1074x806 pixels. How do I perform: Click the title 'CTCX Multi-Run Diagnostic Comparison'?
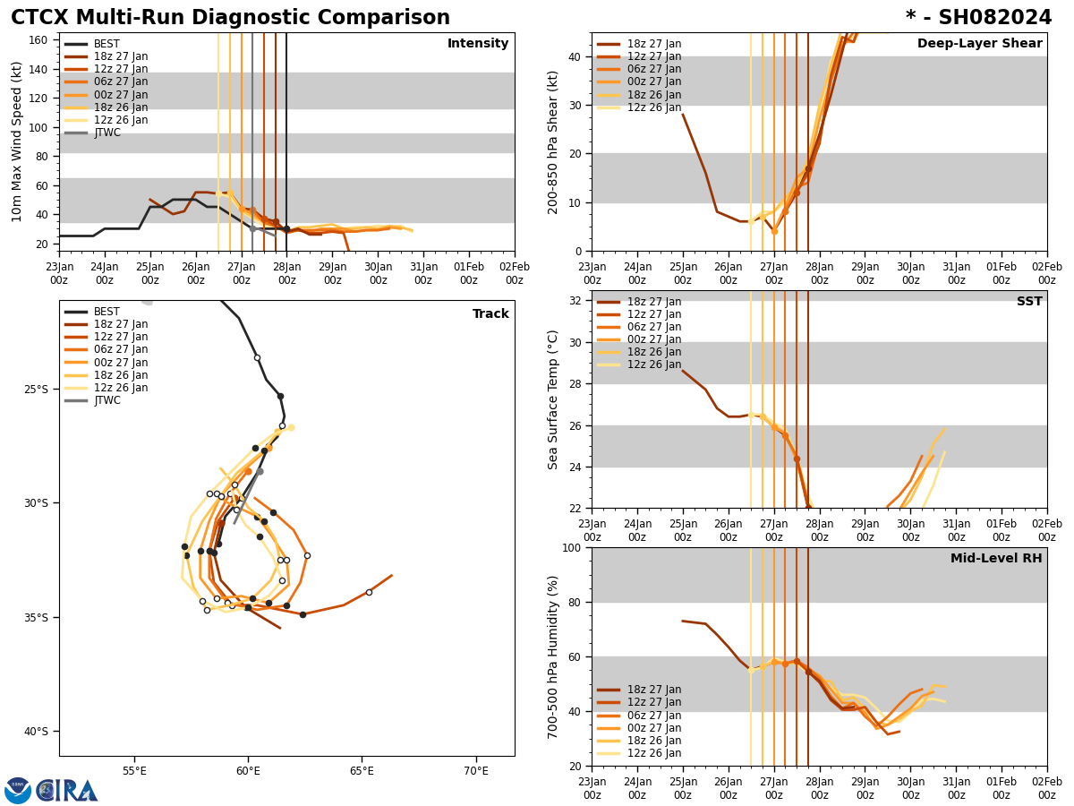(230, 18)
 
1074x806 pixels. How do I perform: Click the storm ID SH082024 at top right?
(978, 18)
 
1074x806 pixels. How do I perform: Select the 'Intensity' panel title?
(478, 44)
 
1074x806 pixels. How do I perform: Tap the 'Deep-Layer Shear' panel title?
(979, 44)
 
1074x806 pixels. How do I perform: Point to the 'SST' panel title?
(1028, 302)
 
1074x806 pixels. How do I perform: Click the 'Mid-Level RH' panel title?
(996, 559)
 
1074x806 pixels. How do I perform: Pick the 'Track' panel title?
(490, 314)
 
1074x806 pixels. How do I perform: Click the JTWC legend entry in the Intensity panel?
(107, 133)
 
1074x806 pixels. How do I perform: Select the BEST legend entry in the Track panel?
(107, 312)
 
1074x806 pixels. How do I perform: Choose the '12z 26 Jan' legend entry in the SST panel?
(653, 364)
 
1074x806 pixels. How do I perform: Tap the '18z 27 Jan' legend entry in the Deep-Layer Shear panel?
(653, 44)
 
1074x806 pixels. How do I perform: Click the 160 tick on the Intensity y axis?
(39, 39)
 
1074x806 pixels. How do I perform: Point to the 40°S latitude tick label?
(37, 732)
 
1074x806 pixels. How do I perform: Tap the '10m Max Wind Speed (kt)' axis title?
(17, 141)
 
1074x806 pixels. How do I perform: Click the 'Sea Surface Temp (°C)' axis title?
(553, 399)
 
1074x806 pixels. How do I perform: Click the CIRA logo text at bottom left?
(68, 790)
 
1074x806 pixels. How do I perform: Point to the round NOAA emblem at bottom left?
(18, 790)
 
